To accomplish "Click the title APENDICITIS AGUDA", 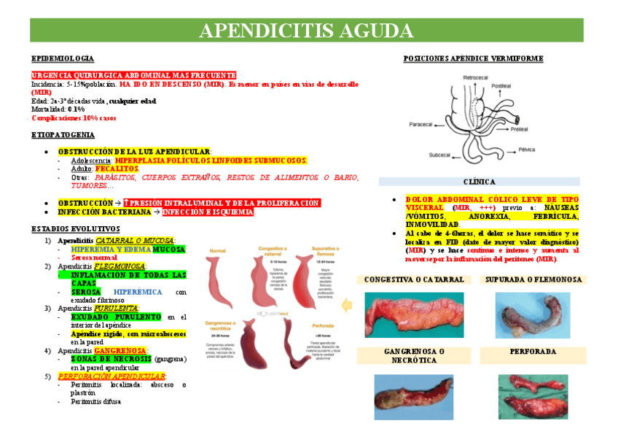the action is click(x=306, y=31).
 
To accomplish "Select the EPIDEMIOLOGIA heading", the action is click(x=63, y=58).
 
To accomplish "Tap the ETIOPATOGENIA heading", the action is click(x=63, y=135).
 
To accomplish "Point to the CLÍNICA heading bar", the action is click(x=479, y=182).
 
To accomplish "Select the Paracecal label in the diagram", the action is click(x=422, y=123).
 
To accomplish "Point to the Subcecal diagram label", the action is click(x=439, y=155).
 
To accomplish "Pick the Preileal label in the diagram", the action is click(x=519, y=129).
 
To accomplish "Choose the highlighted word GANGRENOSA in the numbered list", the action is click(x=122, y=350).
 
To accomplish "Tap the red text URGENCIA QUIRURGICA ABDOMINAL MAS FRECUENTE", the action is click(x=133, y=75).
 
